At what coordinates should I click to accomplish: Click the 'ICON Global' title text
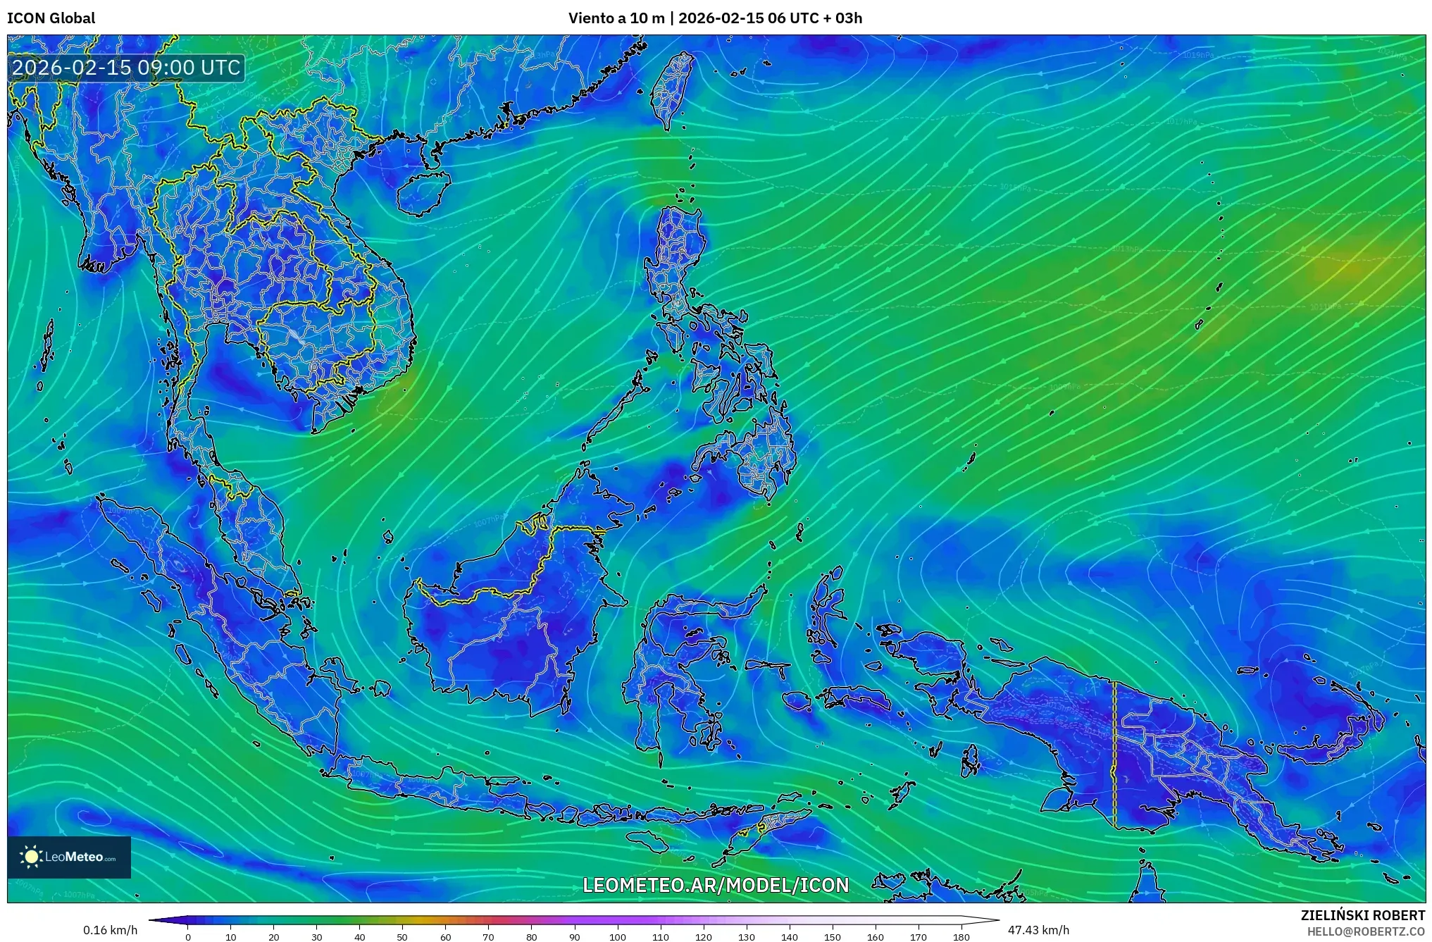pos(51,18)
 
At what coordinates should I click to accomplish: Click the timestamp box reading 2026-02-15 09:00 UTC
pos(127,68)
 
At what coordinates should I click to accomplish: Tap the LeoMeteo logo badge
pos(69,857)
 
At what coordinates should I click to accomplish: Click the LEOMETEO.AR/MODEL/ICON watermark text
pos(716,885)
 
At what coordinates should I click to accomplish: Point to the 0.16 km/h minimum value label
pos(110,930)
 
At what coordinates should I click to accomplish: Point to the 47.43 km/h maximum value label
pos(1038,930)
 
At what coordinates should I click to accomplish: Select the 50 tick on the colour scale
pos(402,936)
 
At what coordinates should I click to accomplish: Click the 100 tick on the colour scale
pos(617,936)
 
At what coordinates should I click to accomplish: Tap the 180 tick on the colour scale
pos(961,936)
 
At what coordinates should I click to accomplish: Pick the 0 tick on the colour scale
pos(187,936)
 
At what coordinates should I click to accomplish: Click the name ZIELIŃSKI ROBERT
pos(1362,915)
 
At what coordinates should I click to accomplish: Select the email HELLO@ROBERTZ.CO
pos(1366,931)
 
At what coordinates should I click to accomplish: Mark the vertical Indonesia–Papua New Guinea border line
pos(1114,754)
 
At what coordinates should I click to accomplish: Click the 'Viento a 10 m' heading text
pos(616,18)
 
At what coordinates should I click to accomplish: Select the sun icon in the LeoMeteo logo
pos(32,857)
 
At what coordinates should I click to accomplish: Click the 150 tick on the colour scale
pos(832,936)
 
